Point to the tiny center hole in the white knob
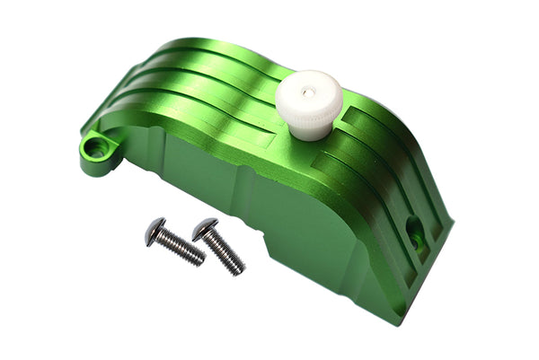tap(307, 91)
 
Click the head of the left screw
tap(155, 231)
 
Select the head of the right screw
tap(204, 230)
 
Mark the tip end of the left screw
tap(199, 261)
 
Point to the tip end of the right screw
tap(240, 270)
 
